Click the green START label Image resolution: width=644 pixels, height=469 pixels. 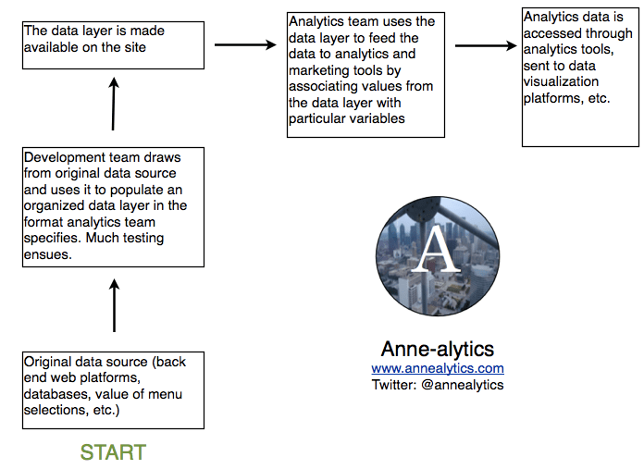pos(113,452)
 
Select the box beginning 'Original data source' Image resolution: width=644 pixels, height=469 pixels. pos(113,389)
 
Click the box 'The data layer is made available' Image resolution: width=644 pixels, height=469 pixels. pos(113,45)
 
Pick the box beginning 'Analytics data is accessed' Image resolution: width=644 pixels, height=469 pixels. pos(580,78)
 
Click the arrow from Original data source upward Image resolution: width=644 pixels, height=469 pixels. pos(115,308)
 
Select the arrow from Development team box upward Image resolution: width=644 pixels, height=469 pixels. pos(114,104)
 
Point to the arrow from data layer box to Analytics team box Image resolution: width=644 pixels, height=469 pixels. pos(245,43)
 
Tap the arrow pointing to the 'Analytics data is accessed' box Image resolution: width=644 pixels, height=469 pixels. pos(486,44)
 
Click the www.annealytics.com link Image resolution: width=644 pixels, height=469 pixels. pos(438,368)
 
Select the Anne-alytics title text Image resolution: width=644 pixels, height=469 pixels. pos(438,349)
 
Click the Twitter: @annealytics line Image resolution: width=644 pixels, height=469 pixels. pos(438,384)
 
